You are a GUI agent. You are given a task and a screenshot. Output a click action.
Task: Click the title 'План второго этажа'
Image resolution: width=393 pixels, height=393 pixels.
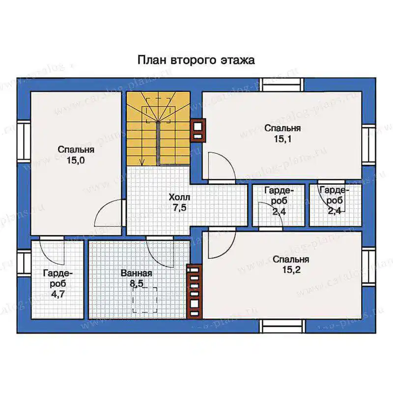(196, 60)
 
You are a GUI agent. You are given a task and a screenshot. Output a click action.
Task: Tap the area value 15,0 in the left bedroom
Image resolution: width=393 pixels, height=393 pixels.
(76, 161)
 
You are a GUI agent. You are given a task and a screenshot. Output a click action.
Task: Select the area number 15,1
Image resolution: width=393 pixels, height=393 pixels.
(283, 139)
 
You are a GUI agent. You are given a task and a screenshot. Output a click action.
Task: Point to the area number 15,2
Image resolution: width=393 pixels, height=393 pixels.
(291, 270)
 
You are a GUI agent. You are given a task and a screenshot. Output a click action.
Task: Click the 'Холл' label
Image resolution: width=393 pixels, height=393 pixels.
(179, 197)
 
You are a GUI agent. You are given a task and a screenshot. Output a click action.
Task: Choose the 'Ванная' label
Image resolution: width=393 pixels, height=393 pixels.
(137, 273)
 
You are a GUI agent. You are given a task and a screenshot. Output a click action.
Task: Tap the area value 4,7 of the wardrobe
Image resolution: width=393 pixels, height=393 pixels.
(58, 294)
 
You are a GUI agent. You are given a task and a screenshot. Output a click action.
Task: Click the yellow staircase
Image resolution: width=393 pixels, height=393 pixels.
(158, 129)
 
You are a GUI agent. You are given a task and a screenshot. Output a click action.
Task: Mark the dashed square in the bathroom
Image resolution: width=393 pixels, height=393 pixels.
(145, 300)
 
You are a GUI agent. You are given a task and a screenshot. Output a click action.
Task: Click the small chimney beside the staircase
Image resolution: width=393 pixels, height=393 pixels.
(198, 130)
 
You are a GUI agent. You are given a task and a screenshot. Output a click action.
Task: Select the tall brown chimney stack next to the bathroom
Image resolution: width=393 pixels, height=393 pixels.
(195, 291)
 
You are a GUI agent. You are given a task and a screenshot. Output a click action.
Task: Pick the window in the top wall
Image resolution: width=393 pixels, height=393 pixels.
(281, 84)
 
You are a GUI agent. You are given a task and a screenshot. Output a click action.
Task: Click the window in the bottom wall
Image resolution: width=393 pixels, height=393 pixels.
(282, 326)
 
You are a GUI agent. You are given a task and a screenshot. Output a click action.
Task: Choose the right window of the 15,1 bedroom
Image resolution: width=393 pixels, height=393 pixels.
(368, 145)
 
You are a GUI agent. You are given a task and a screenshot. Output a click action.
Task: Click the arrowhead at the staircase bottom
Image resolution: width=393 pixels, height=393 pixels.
(142, 163)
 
